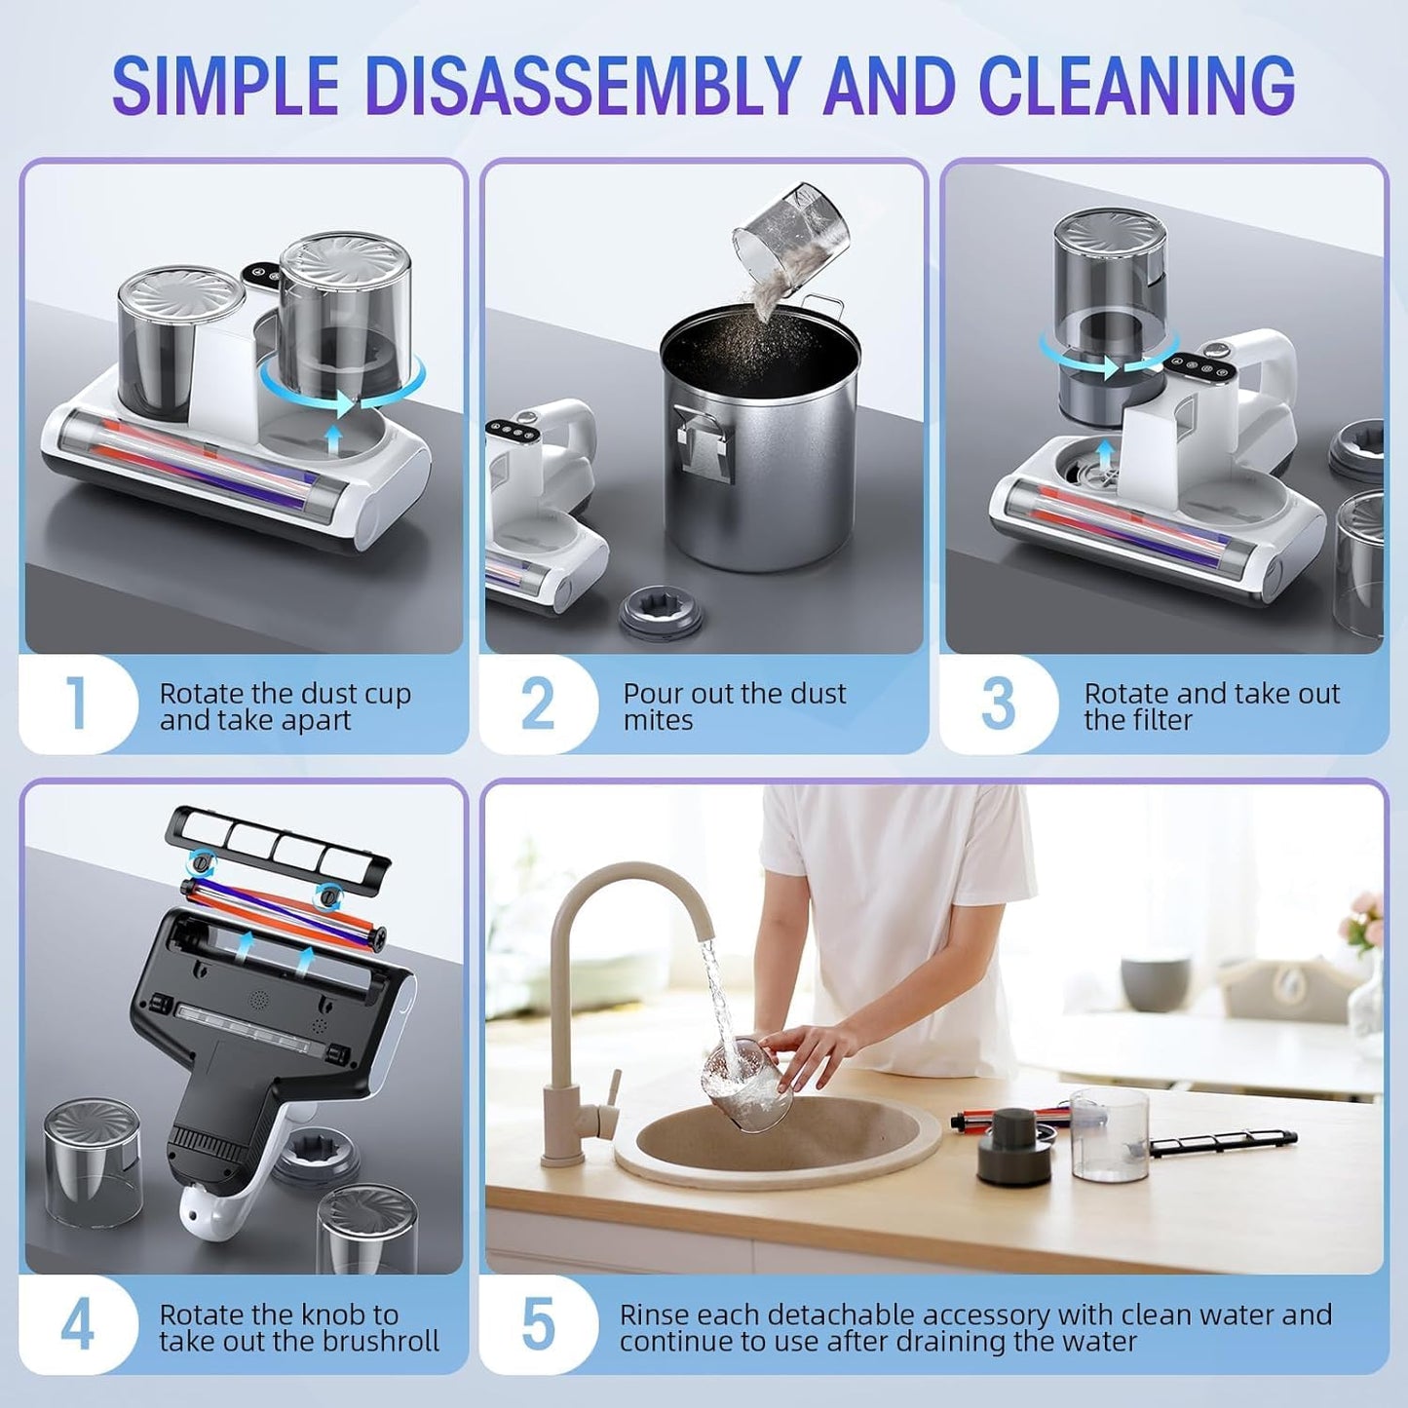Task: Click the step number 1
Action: point(76,703)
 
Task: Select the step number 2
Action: point(537,703)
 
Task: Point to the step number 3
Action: point(998,703)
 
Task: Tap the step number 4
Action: point(77,1324)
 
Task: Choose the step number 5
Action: point(538,1324)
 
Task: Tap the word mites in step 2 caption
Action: point(658,720)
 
